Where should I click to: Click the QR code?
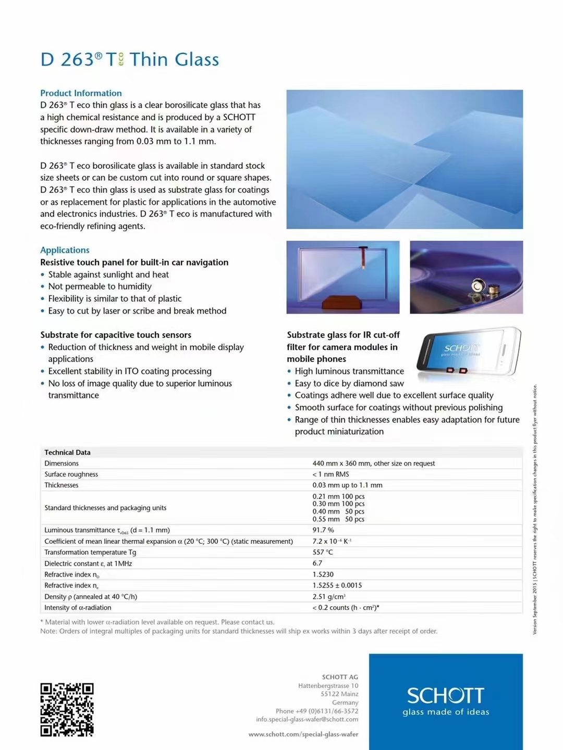coord(67,709)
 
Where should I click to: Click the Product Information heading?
coord(81,93)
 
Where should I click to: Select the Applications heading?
coord(65,250)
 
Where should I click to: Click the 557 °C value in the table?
coord(323,552)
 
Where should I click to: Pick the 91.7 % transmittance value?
coord(323,530)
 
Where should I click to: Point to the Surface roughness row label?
coord(71,474)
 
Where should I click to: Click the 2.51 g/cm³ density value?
coord(329,596)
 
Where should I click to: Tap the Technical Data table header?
coord(67,453)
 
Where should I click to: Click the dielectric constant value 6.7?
coord(317,563)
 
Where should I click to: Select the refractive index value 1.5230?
coord(323,574)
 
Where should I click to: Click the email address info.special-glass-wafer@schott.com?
coord(307,719)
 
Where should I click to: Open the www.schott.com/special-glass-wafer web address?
coord(303,734)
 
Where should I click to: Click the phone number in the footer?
coord(317,711)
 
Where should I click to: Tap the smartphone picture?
coord(469,352)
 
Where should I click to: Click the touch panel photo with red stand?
coord(343,277)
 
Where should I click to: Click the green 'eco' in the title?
coord(121,59)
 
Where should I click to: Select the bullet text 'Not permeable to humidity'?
coord(100,286)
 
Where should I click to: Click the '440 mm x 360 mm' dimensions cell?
coord(373,464)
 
